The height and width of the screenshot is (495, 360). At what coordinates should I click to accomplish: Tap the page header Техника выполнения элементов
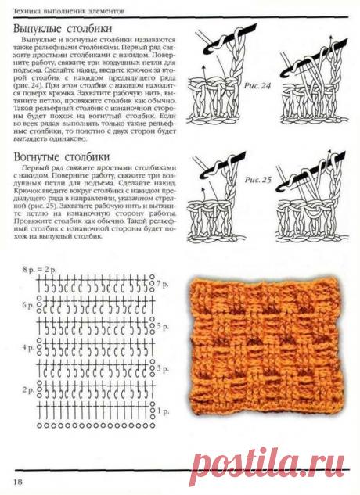[63, 6]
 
